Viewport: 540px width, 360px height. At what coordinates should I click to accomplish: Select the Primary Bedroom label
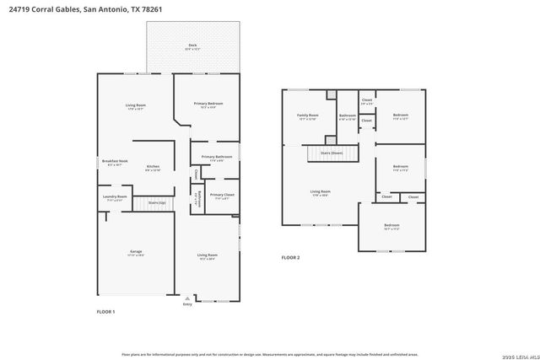tap(208, 104)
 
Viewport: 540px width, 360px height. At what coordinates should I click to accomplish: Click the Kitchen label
tap(153, 167)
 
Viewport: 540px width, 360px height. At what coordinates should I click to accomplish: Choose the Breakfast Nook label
tap(114, 161)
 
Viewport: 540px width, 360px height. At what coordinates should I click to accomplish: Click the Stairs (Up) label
tap(157, 202)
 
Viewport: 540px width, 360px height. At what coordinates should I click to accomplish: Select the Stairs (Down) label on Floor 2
tap(332, 153)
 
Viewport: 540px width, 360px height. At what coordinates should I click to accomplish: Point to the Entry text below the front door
tap(187, 304)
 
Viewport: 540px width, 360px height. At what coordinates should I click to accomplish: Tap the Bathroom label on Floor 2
tap(348, 116)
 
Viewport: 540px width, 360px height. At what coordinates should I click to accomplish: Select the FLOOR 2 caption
tap(290, 257)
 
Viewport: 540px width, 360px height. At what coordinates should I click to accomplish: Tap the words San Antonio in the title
tap(107, 9)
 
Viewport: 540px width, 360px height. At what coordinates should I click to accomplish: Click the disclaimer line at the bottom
tap(269, 355)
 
